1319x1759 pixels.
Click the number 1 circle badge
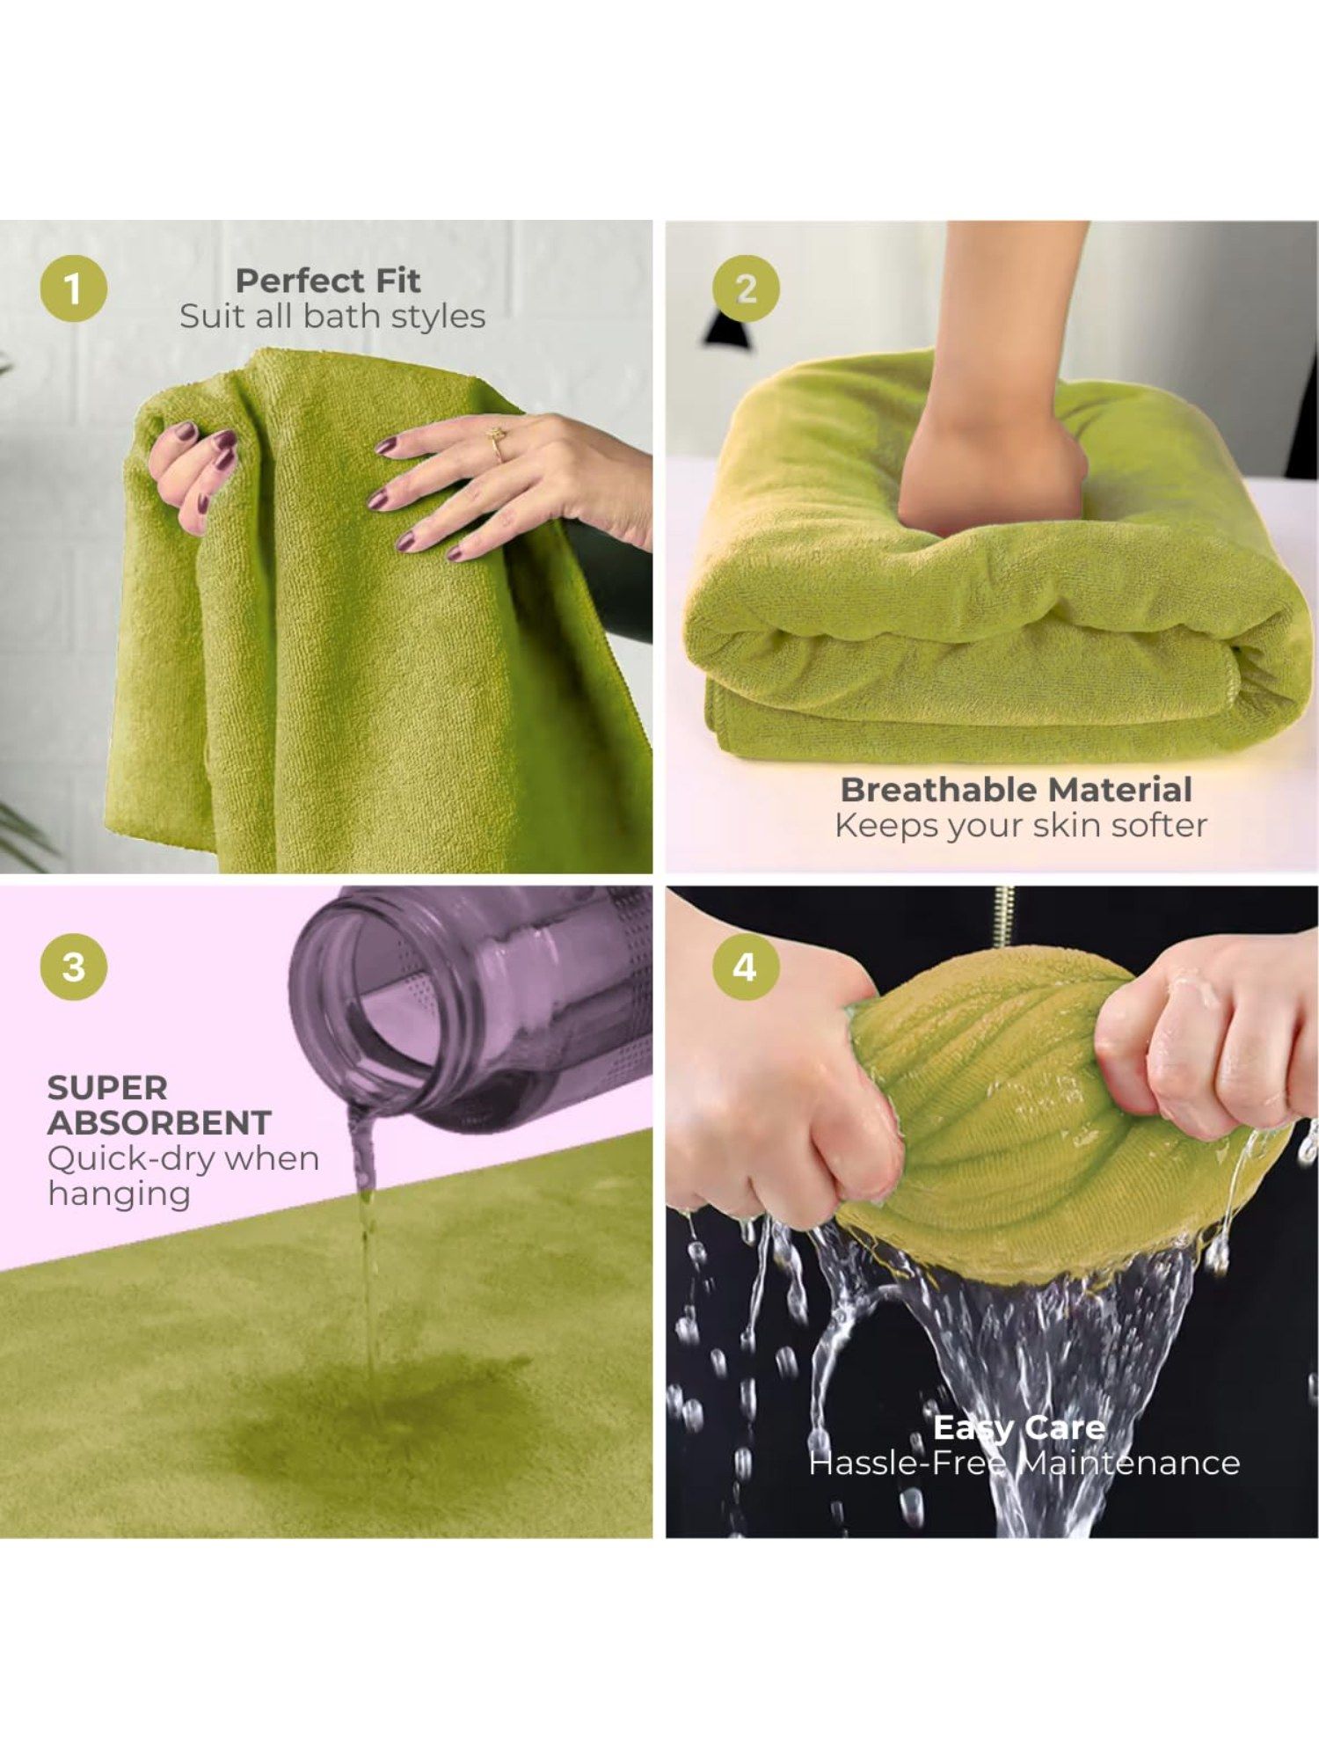(x=74, y=288)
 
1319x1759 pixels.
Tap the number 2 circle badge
(x=746, y=288)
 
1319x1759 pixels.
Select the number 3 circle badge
(x=74, y=967)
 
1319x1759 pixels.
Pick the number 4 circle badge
(x=745, y=967)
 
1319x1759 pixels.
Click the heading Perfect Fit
(x=328, y=281)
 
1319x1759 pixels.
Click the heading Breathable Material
(x=1017, y=789)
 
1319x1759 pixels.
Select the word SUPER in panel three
(x=107, y=1088)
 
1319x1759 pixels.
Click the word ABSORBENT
(x=159, y=1123)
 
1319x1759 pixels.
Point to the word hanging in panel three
(x=120, y=1194)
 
